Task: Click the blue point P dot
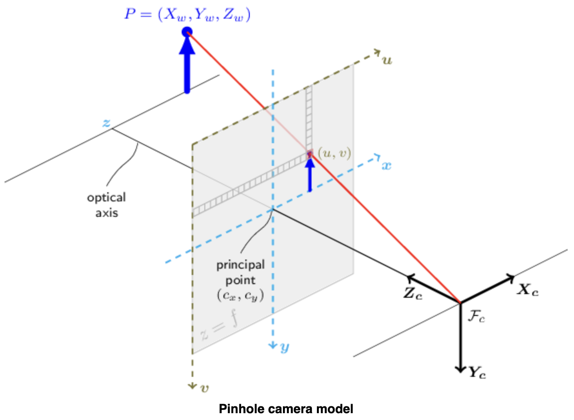(187, 32)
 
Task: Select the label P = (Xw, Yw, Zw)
(187, 15)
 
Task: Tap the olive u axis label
(387, 60)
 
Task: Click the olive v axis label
(204, 389)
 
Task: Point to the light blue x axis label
(387, 166)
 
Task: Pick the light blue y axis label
(285, 347)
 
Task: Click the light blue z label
(106, 123)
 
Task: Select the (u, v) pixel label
(334, 154)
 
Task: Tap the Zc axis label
(413, 293)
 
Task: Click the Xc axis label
(528, 290)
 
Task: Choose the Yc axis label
(477, 373)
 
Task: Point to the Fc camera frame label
(476, 317)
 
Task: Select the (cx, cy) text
(240, 295)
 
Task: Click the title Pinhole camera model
(286, 409)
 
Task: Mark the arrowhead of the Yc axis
(460, 369)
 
